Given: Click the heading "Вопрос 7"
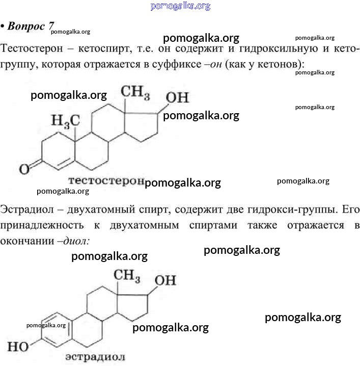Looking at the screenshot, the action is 31,26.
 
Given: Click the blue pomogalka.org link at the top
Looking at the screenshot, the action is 180,6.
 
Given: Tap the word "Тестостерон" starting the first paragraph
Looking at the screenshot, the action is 32,48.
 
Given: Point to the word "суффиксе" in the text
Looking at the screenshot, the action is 177,64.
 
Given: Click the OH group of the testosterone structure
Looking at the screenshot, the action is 177,97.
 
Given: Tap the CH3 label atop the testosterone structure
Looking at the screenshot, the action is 135,92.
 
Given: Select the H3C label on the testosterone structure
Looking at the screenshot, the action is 66,121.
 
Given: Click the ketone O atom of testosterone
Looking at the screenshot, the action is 24,169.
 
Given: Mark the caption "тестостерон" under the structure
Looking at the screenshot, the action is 106,180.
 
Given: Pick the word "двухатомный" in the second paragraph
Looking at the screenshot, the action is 101,210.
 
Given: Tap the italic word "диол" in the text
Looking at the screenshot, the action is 75,241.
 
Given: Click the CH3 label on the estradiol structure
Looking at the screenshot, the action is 127,276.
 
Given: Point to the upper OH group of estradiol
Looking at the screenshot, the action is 165,280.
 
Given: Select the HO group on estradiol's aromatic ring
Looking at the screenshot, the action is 18,347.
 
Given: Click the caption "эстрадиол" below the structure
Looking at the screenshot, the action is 95,357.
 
